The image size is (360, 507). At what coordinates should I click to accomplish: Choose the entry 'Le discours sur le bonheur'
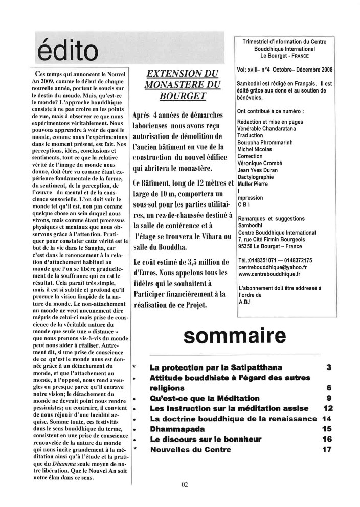(x=206, y=439)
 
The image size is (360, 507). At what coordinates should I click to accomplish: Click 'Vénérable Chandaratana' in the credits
(x=268, y=129)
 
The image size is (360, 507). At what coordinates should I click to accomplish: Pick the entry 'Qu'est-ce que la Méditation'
(x=205, y=398)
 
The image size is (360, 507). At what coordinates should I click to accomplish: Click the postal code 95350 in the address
(x=247, y=244)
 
